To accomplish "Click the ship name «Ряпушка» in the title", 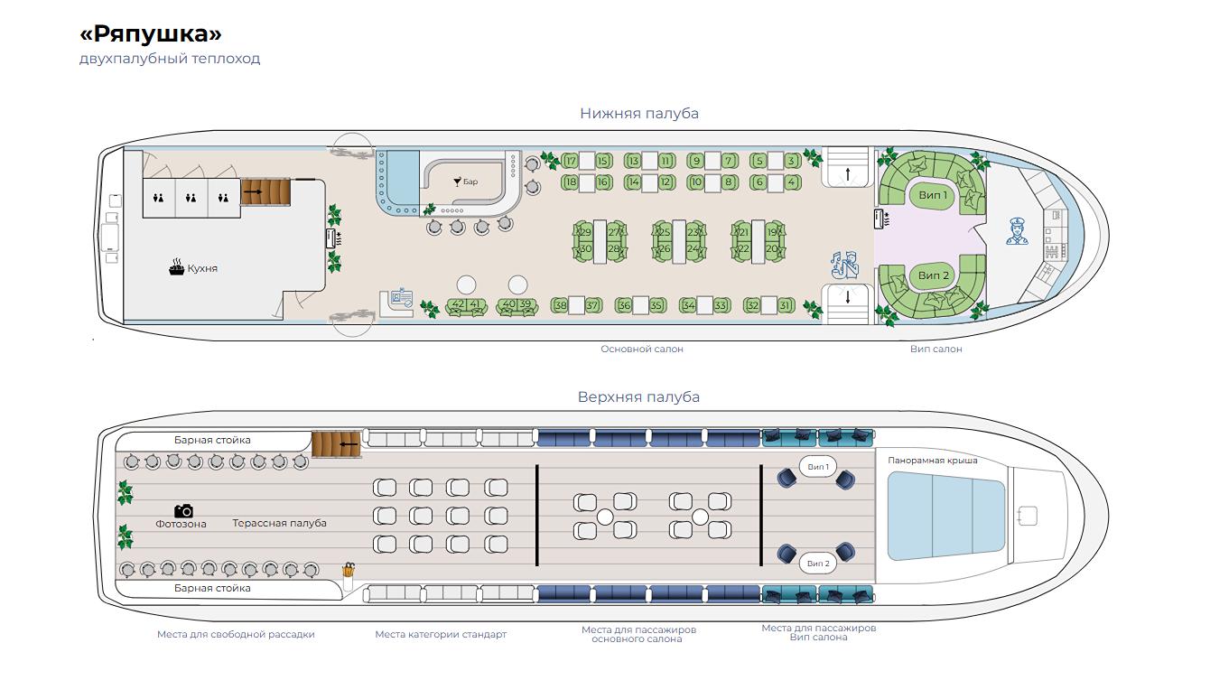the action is (151, 34).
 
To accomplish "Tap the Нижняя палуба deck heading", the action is (639, 114).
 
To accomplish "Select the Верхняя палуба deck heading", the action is (638, 397).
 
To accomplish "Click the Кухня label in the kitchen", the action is (202, 268).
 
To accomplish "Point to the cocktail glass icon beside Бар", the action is (457, 182).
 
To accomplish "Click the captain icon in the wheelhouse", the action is (1017, 231).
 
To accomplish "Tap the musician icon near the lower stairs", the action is (844, 266).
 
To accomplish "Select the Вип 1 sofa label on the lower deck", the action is (933, 195).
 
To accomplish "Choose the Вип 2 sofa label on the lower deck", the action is (934, 275).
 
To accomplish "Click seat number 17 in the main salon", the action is (571, 161).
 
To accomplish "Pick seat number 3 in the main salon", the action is (792, 161).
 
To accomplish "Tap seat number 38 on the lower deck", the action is (561, 306).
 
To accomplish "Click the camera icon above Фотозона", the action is (183, 510).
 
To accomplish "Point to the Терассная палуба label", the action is (279, 524).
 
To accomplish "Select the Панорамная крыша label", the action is (933, 461).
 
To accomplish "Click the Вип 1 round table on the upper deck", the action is (818, 467).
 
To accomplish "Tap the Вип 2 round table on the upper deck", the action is (818, 564).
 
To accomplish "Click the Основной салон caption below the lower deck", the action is (642, 349).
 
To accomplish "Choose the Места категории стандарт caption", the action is (441, 634).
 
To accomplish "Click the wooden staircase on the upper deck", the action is (336, 444).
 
